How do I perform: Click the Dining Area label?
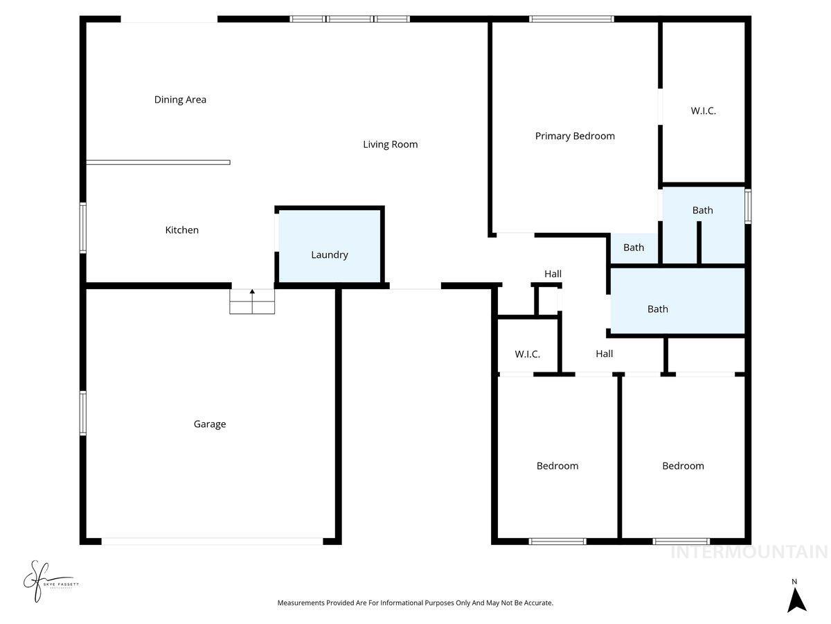click(x=180, y=100)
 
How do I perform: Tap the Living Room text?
click(x=390, y=145)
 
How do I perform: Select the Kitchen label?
click(x=181, y=230)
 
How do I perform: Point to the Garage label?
click(x=209, y=424)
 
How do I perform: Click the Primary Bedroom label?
click(x=575, y=137)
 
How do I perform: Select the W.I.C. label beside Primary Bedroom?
click(x=703, y=111)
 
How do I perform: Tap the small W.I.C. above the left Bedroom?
click(x=527, y=354)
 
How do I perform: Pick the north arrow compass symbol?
click(x=796, y=598)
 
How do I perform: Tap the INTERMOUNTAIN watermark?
click(x=749, y=553)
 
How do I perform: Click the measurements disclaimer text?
click(x=415, y=603)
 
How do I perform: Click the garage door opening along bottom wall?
click(x=211, y=541)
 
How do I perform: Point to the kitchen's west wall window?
click(x=83, y=227)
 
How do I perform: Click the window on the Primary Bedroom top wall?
click(x=571, y=19)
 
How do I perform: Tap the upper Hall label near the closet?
click(x=553, y=274)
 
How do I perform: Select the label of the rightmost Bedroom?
click(x=683, y=466)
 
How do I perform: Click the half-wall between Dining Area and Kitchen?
click(x=158, y=162)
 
